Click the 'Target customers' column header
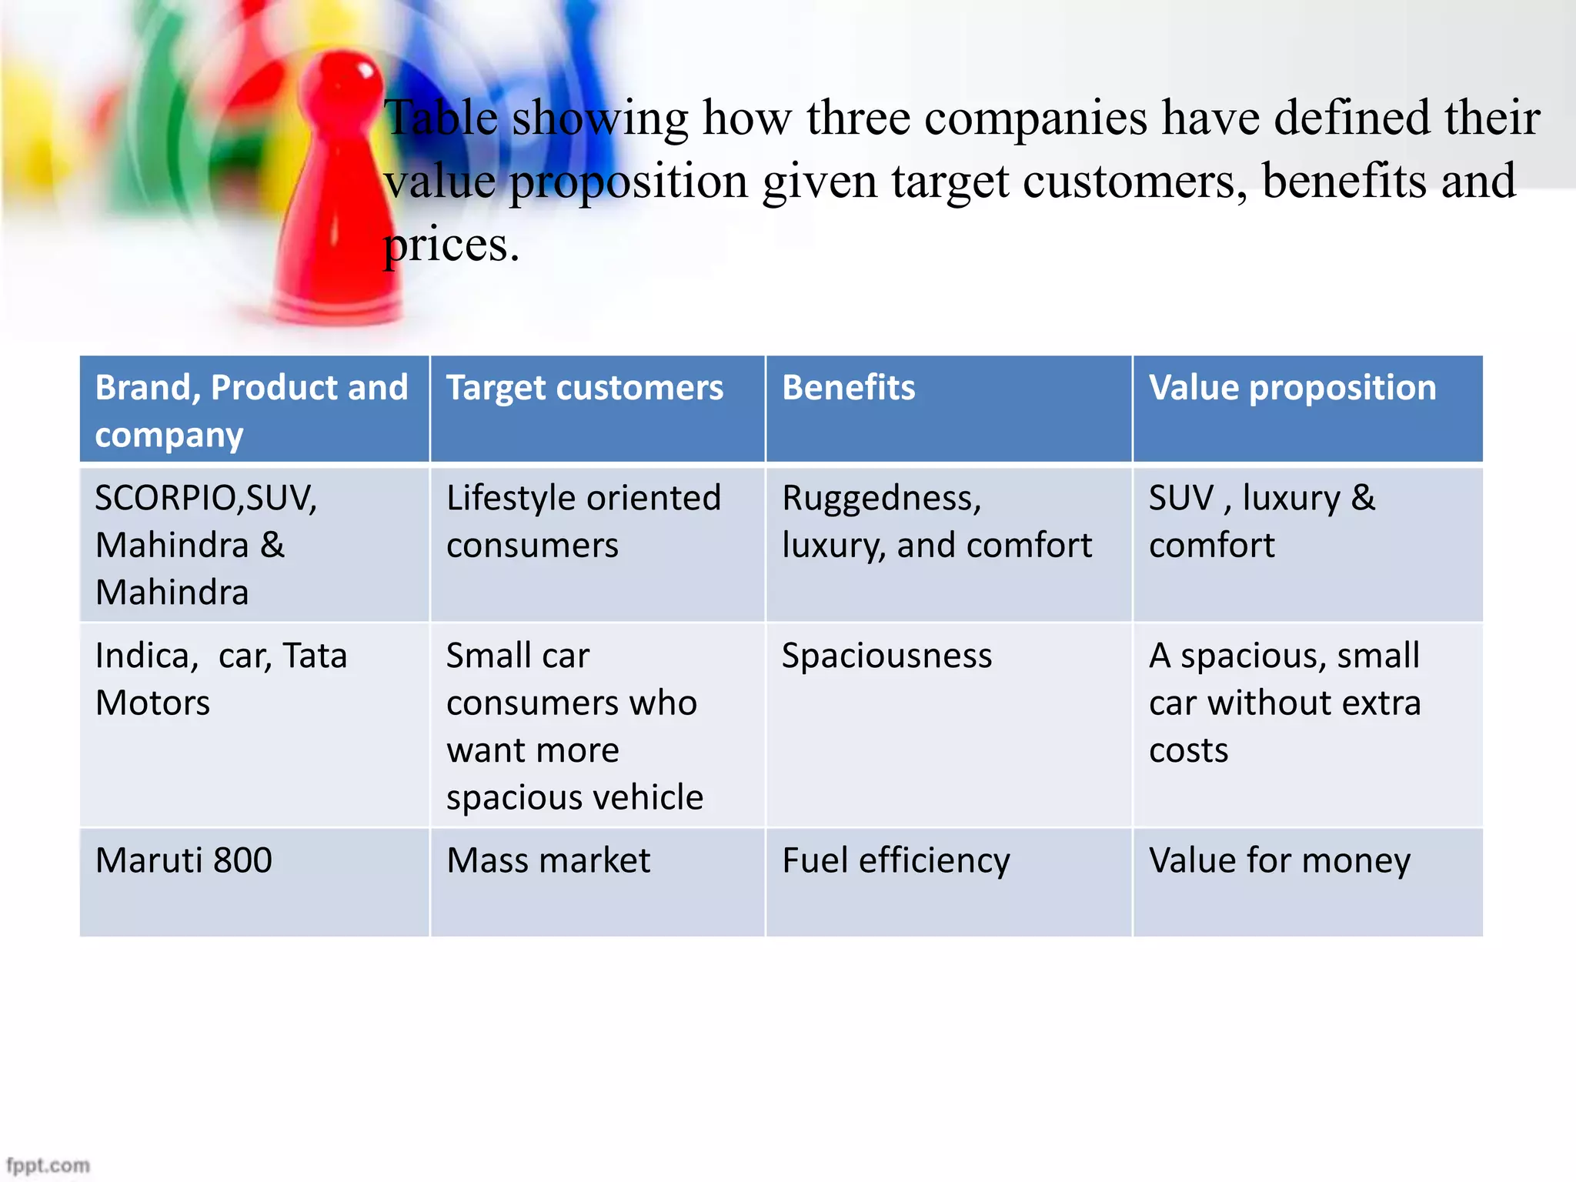[585, 388]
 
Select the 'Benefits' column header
[848, 388]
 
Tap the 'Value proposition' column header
[1292, 388]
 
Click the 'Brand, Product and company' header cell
[251, 410]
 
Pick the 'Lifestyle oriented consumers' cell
[583, 522]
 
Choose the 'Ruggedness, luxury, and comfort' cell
[937, 522]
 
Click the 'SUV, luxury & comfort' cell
[1261, 522]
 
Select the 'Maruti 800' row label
[183, 860]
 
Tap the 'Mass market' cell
[548, 860]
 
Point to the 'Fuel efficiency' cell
[896, 860]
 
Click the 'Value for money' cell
[1279, 860]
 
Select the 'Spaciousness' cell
[886, 656]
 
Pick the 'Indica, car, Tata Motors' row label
[221, 679]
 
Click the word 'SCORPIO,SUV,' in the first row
[205, 498]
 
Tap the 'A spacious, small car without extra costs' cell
[1284, 702]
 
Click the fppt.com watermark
[48, 1165]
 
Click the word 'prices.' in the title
[451, 245]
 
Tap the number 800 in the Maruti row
[242, 860]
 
